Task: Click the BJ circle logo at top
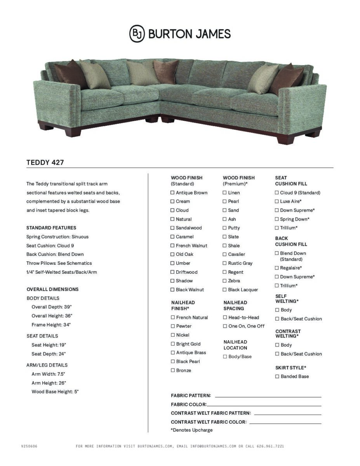click(137, 34)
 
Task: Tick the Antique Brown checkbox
click(172, 193)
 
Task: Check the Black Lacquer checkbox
click(224, 290)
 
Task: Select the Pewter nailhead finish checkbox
click(173, 326)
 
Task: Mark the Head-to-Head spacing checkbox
click(225, 317)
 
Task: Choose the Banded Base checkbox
click(277, 376)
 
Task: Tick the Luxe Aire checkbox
click(277, 201)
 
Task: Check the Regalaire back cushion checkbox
click(277, 268)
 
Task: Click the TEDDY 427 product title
click(45, 162)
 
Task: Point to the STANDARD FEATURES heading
click(51, 228)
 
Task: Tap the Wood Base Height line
click(55, 392)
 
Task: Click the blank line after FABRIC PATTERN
click(268, 396)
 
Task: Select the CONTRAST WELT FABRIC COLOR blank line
click(285, 423)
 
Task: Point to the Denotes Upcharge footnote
click(192, 430)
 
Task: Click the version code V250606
click(29, 446)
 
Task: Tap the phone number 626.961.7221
click(270, 446)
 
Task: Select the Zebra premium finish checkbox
click(224, 281)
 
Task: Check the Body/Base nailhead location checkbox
click(225, 356)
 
